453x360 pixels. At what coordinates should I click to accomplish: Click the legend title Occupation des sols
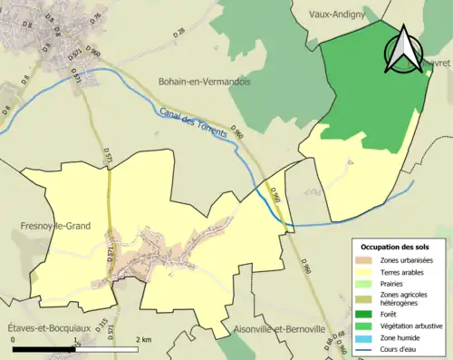pyautogui.click(x=395, y=247)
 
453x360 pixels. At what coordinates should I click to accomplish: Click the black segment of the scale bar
pyautogui.click(x=43, y=348)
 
